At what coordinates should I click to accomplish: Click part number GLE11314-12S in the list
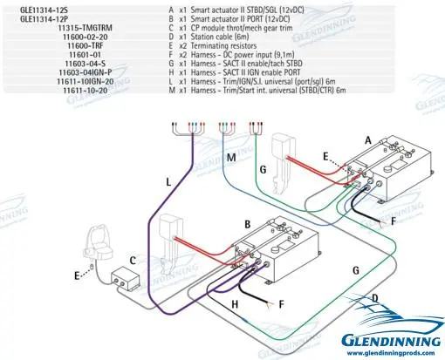(x=34, y=7)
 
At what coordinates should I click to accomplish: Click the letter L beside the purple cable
(x=168, y=182)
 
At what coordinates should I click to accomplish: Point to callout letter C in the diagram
(x=131, y=260)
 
